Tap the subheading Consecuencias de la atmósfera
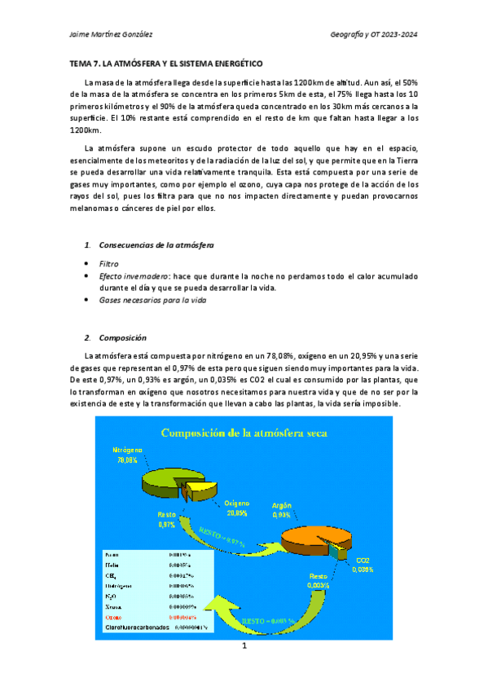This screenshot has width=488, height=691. [x=156, y=245]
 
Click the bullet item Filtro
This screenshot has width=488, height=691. [x=108, y=265]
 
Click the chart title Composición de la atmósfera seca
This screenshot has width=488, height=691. [x=244, y=433]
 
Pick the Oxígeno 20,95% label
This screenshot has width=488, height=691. [x=236, y=508]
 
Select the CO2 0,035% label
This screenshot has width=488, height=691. [x=363, y=565]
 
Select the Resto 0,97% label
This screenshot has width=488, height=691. [x=166, y=520]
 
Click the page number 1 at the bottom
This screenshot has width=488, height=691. [x=244, y=647]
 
